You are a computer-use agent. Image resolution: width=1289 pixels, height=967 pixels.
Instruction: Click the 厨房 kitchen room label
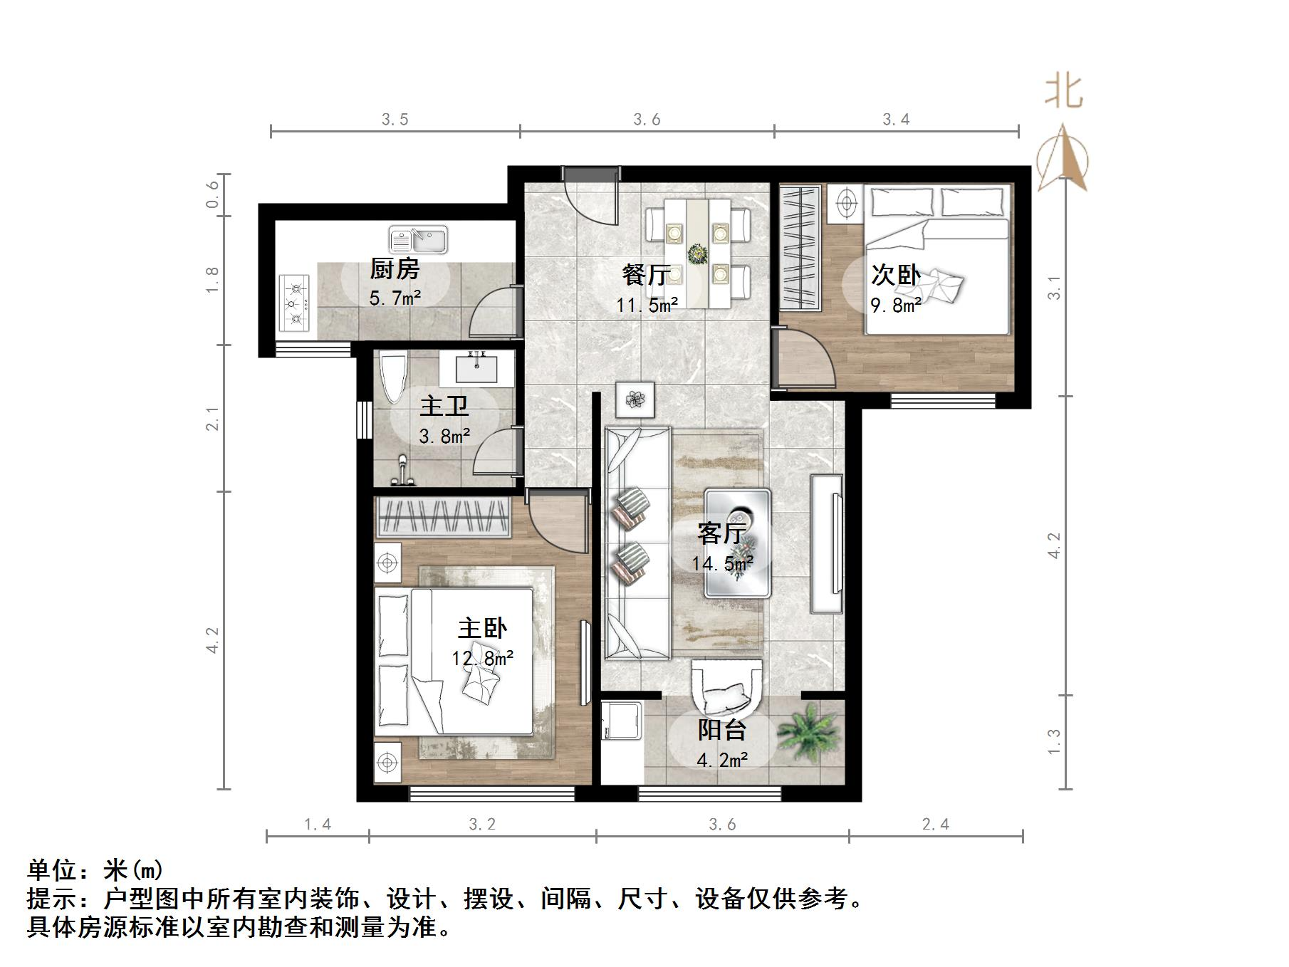coord(395,269)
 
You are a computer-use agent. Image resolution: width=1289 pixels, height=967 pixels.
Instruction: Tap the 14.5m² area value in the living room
coord(722,564)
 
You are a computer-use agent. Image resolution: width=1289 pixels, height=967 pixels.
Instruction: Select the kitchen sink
coord(418,240)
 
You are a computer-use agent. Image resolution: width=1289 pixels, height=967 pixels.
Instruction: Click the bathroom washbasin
coord(476,368)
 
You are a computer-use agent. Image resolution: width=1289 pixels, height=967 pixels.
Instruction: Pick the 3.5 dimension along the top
coord(395,120)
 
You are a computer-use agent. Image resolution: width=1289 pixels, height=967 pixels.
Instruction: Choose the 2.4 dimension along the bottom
coord(935,825)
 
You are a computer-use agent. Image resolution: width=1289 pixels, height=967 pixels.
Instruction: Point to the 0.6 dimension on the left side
coord(212,194)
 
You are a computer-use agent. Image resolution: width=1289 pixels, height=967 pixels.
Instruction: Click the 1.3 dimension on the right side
coord(1054,742)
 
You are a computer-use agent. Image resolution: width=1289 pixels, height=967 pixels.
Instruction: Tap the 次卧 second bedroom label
coord(895,275)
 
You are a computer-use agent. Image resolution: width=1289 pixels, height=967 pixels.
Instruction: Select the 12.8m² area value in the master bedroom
coord(482,659)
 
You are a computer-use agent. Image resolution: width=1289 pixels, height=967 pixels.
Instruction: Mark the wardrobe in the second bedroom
coord(798,246)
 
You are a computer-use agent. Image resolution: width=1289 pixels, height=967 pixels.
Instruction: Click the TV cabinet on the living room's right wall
coord(827,544)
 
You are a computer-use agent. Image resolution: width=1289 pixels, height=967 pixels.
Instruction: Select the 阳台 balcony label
coord(721,730)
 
